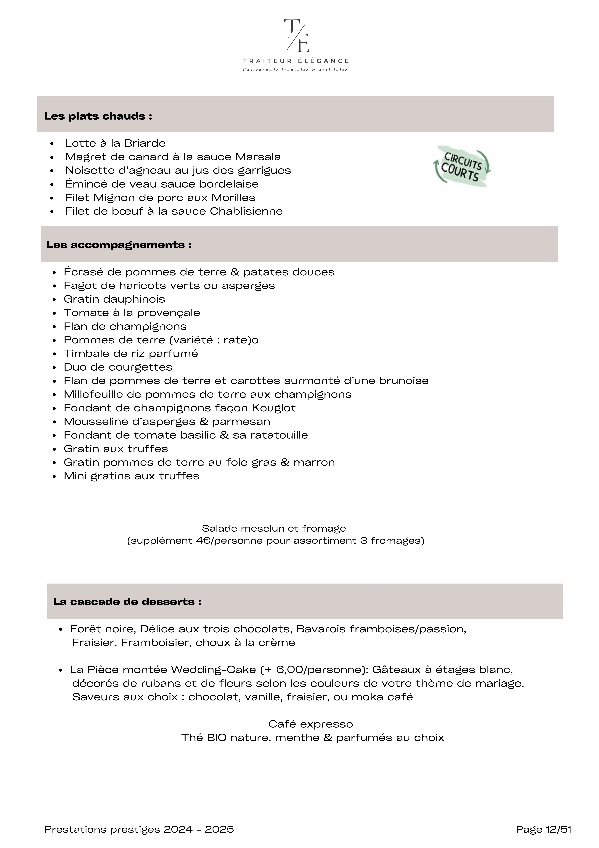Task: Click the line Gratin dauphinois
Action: click(114, 299)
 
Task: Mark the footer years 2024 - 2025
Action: click(199, 830)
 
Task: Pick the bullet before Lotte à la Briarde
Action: click(52, 144)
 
